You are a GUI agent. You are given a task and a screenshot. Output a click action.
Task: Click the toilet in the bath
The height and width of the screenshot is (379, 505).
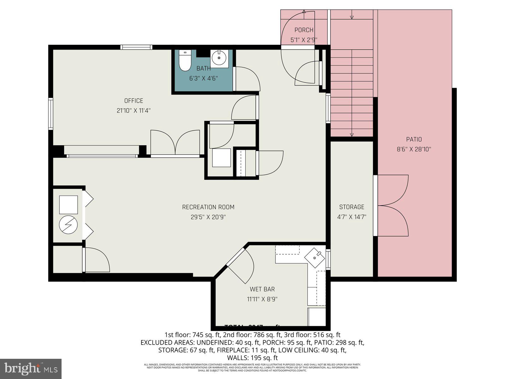point(185,61)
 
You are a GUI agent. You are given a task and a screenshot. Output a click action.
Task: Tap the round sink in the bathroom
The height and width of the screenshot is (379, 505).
point(219,58)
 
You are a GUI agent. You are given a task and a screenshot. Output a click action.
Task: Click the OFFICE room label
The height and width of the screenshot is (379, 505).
point(134,101)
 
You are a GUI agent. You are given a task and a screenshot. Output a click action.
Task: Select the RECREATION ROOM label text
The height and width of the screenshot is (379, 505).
point(208,207)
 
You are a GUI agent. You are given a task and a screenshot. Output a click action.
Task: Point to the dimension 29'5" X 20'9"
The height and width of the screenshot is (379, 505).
point(208,217)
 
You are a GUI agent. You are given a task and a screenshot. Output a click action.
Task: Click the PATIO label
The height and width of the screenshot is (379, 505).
point(414,139)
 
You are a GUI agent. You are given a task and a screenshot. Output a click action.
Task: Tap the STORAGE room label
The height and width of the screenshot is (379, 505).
point(352,207)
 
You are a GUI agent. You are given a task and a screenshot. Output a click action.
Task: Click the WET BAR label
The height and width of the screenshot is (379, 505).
point(262,289)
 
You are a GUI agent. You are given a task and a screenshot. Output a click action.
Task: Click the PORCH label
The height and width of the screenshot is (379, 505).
point(304,30)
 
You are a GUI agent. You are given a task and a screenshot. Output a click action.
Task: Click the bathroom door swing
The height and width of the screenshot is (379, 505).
point(246,79)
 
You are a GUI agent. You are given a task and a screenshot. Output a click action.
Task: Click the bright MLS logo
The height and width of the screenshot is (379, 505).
point(31,369)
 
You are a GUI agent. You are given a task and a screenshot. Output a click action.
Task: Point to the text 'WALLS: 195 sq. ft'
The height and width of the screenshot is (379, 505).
point(252,358)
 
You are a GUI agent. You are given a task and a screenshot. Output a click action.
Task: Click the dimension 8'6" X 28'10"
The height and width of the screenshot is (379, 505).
point(414,149)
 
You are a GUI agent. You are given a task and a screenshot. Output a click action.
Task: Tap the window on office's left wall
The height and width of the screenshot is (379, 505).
point(50,114)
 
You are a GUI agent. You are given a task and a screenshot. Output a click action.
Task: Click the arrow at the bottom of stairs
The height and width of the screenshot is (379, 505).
point(352,135)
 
